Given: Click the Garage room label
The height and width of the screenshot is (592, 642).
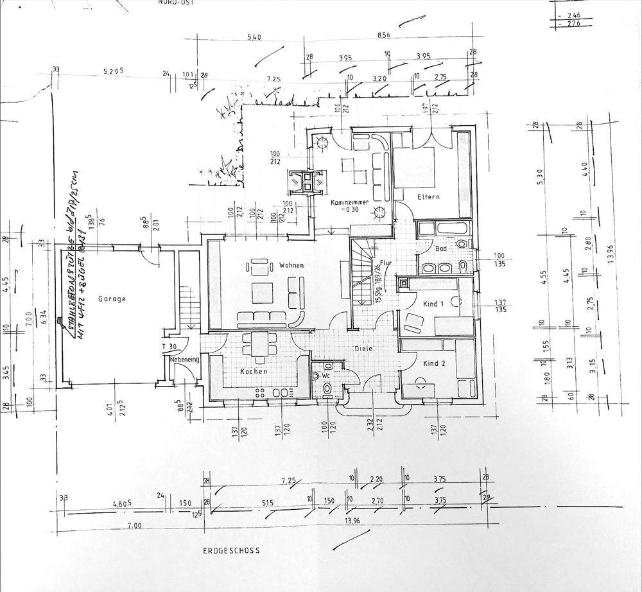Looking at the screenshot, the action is (x=112, y=299).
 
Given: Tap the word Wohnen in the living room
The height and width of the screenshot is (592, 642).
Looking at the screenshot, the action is (x=291, y=265).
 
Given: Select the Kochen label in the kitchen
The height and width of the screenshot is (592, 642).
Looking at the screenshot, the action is (x=253, y=372).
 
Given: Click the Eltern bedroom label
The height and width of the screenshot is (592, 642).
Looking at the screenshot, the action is (x=428, y=196).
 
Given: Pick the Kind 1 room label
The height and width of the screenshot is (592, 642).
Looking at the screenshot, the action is (x=435, y=304).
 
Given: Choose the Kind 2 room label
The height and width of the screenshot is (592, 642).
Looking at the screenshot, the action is (x=434, y=363).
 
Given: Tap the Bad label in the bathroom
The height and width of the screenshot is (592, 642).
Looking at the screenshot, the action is (x=440, y=248).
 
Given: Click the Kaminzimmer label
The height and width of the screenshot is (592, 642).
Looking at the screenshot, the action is (x=350, y=202).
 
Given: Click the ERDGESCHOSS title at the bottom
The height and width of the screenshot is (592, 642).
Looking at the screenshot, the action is (x=231, y=551).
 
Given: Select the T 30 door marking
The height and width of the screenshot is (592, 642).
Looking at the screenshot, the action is (x=169, y=347).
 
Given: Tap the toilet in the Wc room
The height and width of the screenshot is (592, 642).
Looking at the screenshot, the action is (x=327, y=387).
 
